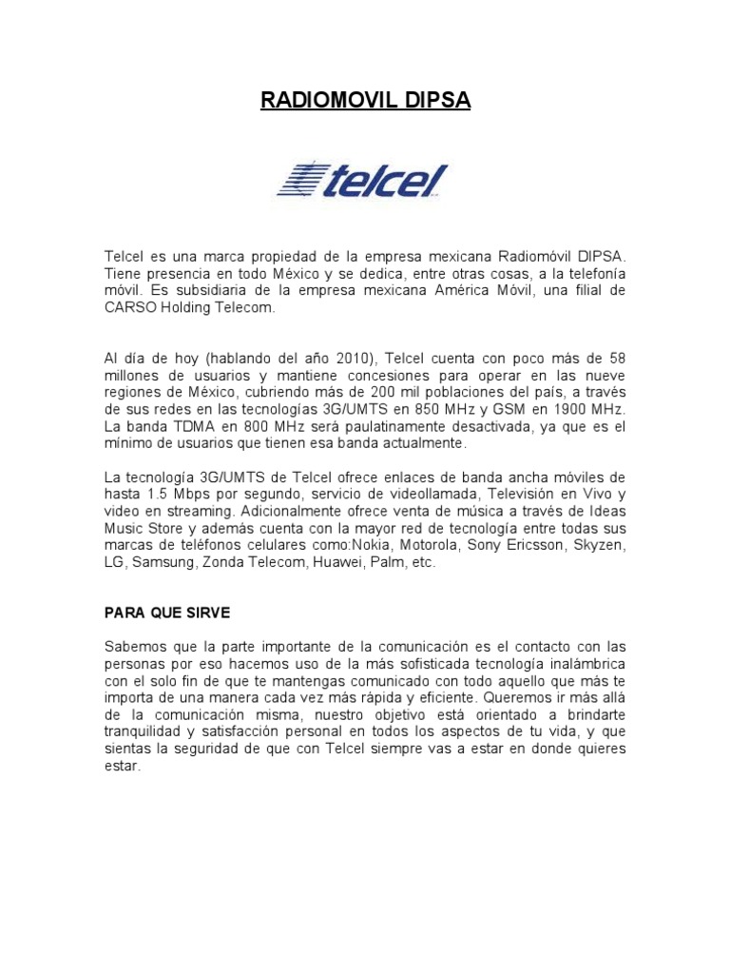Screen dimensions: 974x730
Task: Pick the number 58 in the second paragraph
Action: tap(616, 358)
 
